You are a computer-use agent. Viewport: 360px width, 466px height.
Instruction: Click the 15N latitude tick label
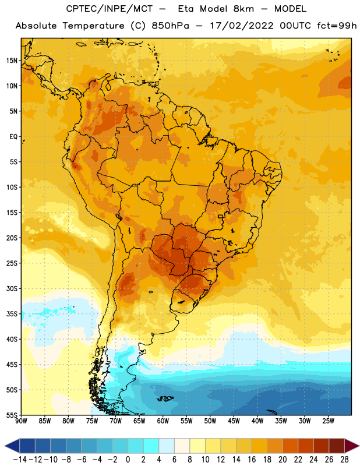pyautogui.click(x=12, y=61)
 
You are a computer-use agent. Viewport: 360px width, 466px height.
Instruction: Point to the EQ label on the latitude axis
pyautogui.click(x=14, y=137)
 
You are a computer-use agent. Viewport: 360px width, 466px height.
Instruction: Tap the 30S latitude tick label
pyautogui.click(x=12, y=288)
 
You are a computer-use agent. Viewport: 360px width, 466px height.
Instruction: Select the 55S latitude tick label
pyautogui.click(x=12, y=415)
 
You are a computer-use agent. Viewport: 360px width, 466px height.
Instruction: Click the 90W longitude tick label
pyautogui.click(x=21, y=421)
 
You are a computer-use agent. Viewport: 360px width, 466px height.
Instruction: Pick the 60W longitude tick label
pyautogui.click(x=163, y=421)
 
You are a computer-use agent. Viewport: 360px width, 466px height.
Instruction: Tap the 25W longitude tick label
pyautogui.click(x=328, y=421)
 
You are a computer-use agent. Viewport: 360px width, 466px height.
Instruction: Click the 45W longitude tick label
pyautogui.click(x=234, y=421)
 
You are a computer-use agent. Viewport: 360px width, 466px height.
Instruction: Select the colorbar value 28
pyautogui.click(x=344, y=460)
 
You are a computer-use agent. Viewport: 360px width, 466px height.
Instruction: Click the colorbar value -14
pyautogui.click(x=20, y=460)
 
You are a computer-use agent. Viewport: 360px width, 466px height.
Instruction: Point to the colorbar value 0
pyautogui.click(x=128, y=460)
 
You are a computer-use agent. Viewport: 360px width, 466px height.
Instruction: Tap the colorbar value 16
pyautogui.click(x=252, y=460)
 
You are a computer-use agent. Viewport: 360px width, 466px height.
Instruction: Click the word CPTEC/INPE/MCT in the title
pyautogui.click(x=110, y=9)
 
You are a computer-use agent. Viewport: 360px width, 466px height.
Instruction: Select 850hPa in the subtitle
pyautogui.click(x=170, y=26)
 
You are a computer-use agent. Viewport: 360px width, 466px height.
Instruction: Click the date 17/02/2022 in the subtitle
pyautogui.click(x=242, y=26)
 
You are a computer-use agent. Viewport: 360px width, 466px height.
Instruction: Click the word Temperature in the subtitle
pyautogui.click(x=93, y=26)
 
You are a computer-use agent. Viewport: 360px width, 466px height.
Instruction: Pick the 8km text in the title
pyautogui.click(x=243, y=9)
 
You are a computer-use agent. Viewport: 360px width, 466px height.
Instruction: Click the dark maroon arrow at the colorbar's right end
pyautogui.click(x=352, y=446)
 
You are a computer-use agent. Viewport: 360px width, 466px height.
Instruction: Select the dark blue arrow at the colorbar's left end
pyautogui.click(x=12, y=446)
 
